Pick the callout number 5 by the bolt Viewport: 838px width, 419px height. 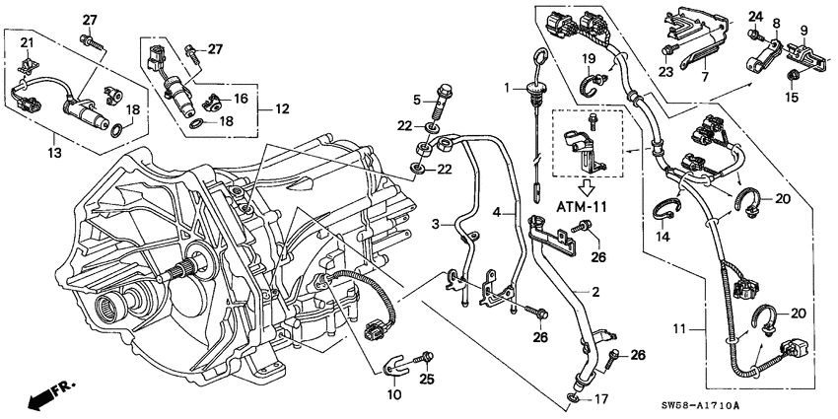tap(417, 99)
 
